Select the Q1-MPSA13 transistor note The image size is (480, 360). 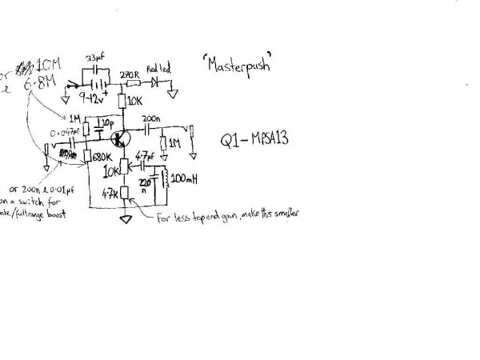click(x=253, y=138)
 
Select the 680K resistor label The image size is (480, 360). click(x=101, y=157)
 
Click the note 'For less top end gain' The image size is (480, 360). click(x=228, y=216)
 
